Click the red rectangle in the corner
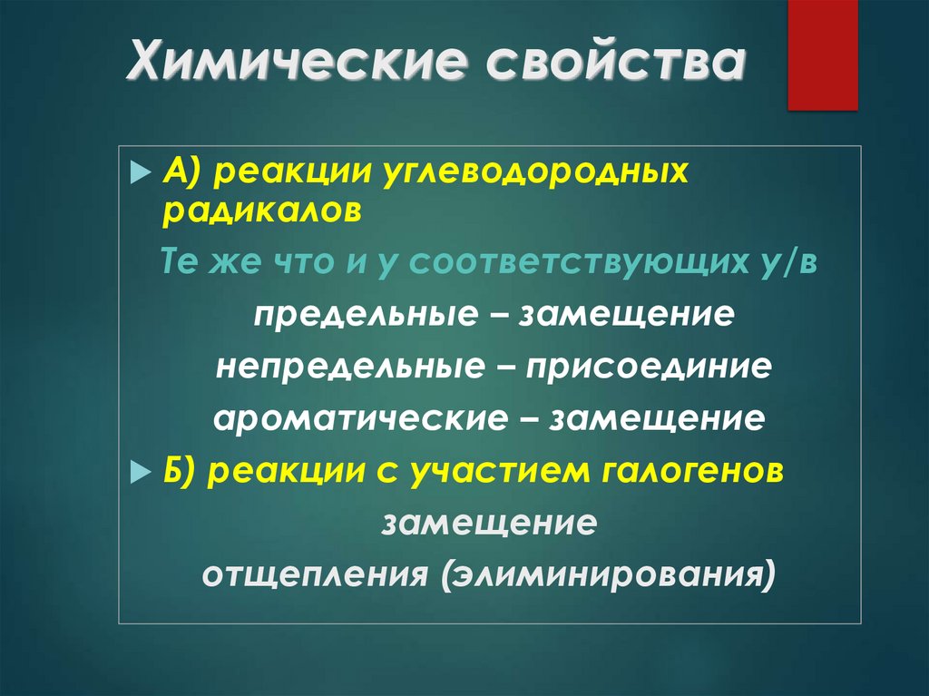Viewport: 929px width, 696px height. point(822,55)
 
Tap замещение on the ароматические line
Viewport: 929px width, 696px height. point(660,419)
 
